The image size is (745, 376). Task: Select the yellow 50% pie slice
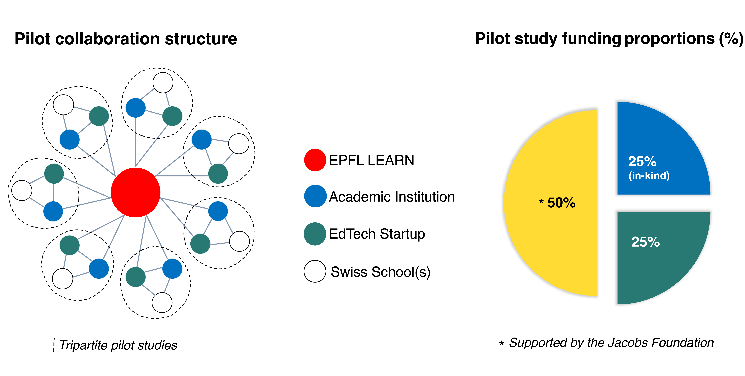click(555, 231)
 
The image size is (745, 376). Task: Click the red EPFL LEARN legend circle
click(315, 160)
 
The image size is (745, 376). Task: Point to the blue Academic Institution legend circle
click(315, 196)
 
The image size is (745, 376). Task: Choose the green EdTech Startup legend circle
click(315, 234)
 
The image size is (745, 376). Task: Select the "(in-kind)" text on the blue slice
click(649, 175)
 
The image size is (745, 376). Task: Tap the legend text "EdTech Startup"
click(377, 234)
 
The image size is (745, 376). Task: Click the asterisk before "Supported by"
click(501, 343)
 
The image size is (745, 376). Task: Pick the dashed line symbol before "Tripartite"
click(54, 345)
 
